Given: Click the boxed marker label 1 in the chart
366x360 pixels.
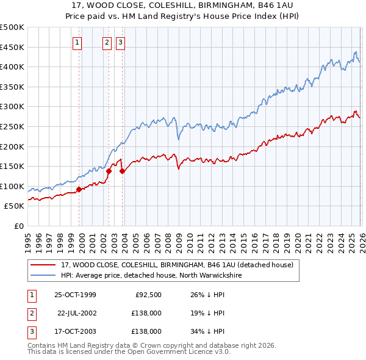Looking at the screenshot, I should tap(78, 42).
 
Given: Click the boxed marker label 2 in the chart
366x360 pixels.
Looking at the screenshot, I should tap(107, 42).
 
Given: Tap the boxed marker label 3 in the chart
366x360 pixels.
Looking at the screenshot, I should tap(120, 42).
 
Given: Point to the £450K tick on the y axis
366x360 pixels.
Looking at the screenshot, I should tap(12, 47).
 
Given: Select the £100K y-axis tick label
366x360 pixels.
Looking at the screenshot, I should tap(12, 186).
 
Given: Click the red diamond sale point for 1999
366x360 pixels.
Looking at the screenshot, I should tap(79, 189).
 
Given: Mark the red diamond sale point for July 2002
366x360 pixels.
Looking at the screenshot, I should tap(109, 171).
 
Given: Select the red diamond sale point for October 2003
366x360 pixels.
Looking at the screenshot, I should tap(122, 171).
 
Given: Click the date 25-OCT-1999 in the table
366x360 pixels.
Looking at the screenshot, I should tap(75, 295).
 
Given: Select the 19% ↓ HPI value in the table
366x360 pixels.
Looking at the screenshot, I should tap(207, 313).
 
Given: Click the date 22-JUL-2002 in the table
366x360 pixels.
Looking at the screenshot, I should tap(76, 313).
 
